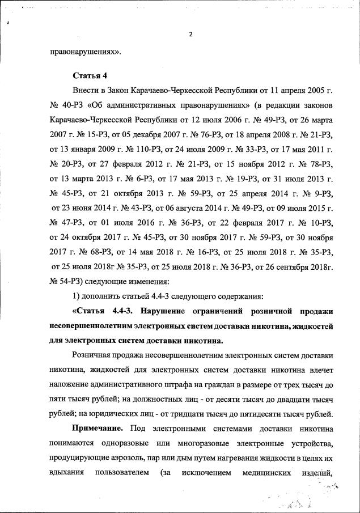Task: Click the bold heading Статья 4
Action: (x=90, y=76)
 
